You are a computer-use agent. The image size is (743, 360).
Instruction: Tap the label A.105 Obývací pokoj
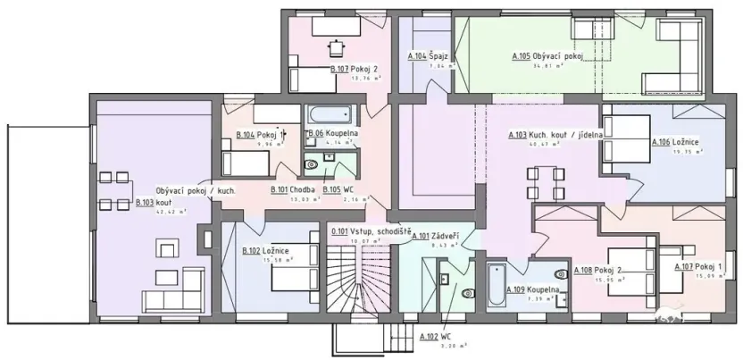pos(547,56)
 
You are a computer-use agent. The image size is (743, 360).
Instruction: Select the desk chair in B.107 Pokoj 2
pos(337,45)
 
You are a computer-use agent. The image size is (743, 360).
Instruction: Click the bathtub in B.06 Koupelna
pos(331,116)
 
